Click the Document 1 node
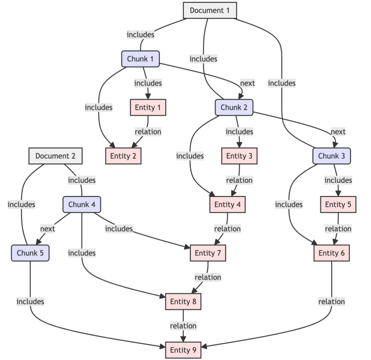click(x=210, y=10)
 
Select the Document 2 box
click(x=55, y=156)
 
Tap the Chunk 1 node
click(x=140, y=59)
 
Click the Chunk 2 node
click(x=234, y=107)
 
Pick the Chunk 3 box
click(x=331, y=156)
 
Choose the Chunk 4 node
click(x=82, y=205)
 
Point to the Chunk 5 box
click(x=30, y=253)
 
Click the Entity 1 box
click(x=148, y=107)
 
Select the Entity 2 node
click(x=123, y=156)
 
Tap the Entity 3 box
click(x=239, y=156)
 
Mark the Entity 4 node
click(x=227, y=205)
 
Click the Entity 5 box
click(x=338, y=205)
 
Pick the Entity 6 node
click(x=331, y=253)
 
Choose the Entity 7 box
click(x=208, y=253)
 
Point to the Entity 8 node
click(x=183, y=302)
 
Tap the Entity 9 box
click(x=183, y=350)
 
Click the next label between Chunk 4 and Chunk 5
click(x=47, y=229)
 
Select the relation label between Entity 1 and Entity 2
click(x=148, y=131)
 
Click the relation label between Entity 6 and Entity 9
click(x=331, y=302)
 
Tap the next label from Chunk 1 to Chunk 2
click(x=247, y=83)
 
